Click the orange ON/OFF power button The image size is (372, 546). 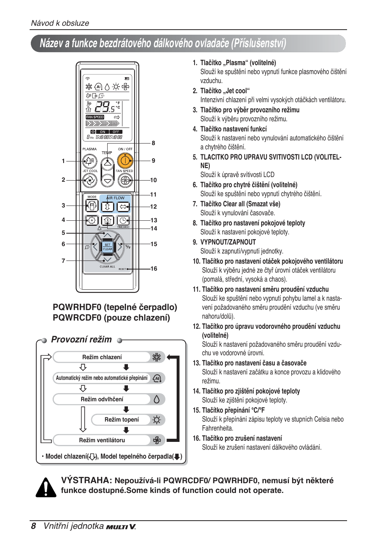125,160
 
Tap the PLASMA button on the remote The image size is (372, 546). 90,161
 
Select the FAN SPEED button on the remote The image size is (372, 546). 125,180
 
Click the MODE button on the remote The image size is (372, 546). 92,206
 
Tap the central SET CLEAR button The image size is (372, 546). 107,247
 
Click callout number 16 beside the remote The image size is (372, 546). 154,269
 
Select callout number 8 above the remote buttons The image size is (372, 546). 153,143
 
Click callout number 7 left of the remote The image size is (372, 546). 63,261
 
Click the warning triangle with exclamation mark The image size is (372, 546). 46,487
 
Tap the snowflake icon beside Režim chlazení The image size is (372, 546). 156,357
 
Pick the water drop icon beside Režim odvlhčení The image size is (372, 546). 156,399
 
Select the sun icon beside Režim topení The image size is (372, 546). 156,420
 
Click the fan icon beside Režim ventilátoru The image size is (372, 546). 157,441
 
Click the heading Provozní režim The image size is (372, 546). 81,340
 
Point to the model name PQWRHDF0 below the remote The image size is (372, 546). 77,307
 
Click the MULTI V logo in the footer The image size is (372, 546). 121,527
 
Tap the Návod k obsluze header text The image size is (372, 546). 60,23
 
